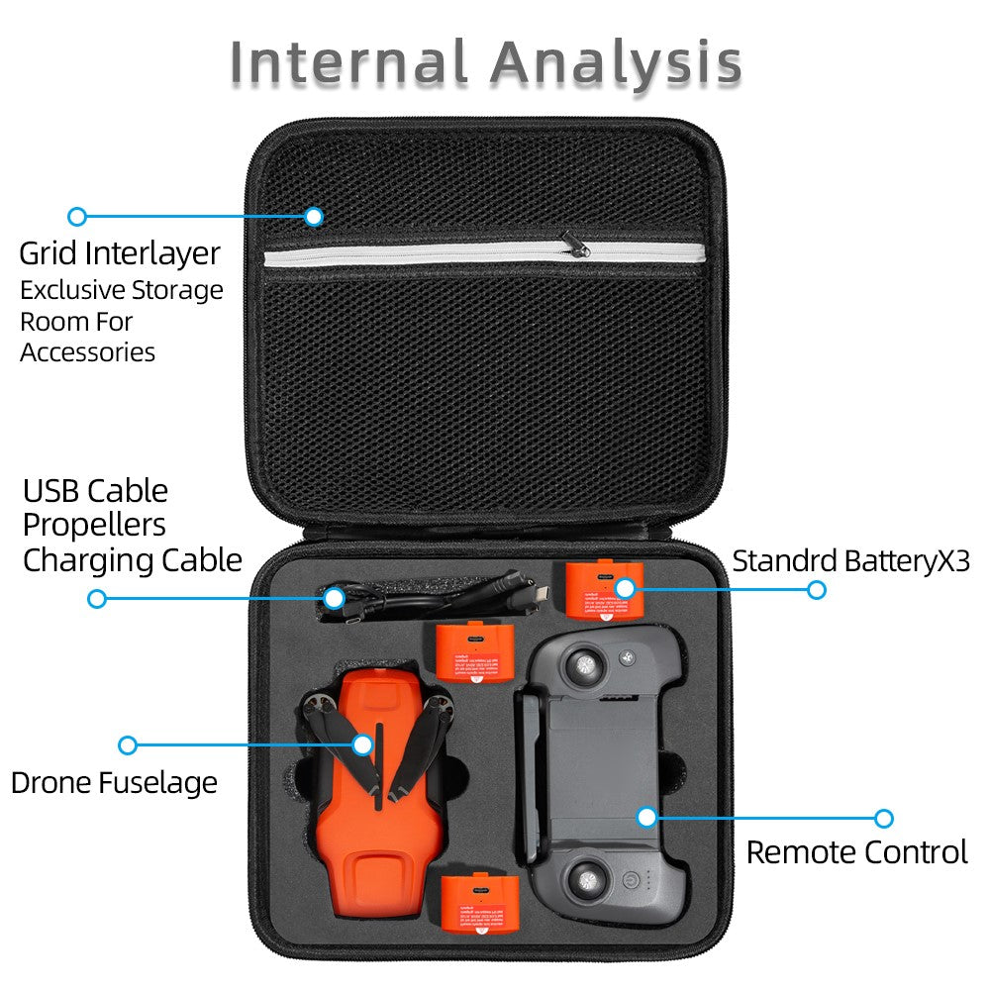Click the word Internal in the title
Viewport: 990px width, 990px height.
[x=349, y=64]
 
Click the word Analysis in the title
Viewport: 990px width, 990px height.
[x=616, y=64]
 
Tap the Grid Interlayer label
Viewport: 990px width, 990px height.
[x=120, y=253]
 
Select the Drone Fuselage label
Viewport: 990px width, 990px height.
[x=114, y=783]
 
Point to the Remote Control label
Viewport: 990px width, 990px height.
[x=856, y=852]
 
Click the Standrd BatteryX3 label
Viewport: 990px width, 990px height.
[x=850, y=561]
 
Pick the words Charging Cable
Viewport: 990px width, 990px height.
[x=133, y=560]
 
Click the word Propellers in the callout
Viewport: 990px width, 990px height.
[x=94, y=526]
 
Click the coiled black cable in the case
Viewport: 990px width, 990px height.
[x=426, y=596]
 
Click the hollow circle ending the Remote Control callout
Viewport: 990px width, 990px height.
[x=884, y=819]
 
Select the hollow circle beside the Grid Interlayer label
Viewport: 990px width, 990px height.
[x=77, y=217]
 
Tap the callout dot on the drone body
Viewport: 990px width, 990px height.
[x=362, y=744]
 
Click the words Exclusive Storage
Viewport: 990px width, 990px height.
[x=122, y=291]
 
